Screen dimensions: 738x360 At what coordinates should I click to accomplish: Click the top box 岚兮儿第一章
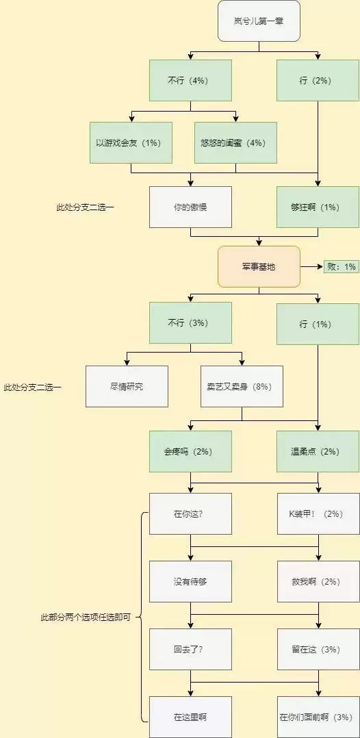259,21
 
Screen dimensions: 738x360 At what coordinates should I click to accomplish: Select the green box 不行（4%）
190,80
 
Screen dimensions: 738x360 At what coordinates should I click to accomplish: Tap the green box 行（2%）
318,80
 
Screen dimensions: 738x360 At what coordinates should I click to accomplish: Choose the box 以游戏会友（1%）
131,142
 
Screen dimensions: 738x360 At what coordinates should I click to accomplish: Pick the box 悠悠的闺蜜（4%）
235,142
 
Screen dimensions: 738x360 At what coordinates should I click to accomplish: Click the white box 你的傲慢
190,207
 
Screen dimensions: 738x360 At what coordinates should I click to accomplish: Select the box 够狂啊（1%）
318,207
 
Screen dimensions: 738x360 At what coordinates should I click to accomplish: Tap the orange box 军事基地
259,266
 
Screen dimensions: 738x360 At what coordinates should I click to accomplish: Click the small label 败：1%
341,266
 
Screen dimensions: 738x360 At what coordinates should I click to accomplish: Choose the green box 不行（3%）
190,323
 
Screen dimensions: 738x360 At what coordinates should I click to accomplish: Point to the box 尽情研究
127,386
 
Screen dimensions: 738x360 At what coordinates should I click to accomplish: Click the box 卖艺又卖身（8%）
242,386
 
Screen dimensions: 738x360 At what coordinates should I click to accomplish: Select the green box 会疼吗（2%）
190,451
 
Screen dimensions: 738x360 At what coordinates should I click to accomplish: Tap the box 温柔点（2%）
318,451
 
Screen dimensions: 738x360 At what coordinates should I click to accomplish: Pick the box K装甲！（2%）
318,513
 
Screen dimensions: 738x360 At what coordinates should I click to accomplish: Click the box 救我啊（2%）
318,581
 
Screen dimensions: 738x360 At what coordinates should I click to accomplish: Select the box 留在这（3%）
318,649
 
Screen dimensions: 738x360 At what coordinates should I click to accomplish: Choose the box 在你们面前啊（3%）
318,717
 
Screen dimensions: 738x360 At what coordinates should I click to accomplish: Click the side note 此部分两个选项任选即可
86,617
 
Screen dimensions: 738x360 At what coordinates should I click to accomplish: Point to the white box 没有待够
190,581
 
